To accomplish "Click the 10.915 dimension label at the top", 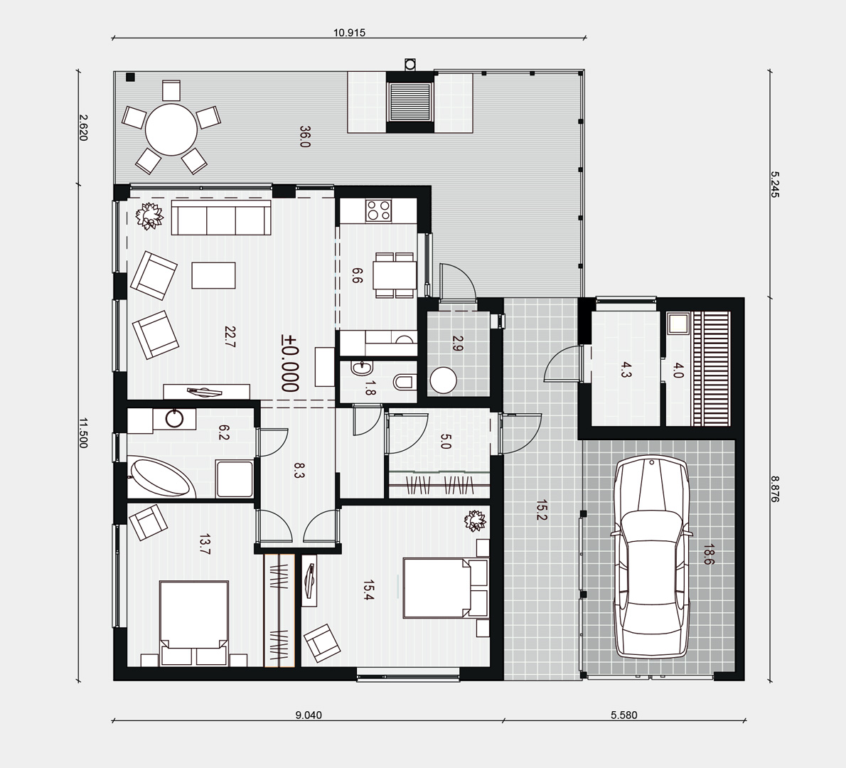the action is tap(349, 33).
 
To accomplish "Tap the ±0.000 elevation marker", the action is tap(290, 363).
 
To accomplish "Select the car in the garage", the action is tap(652, 556).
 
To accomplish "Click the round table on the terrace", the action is tap(171, 130).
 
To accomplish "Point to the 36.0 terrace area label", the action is tap(305, 137).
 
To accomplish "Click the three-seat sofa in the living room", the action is tap(220, 218).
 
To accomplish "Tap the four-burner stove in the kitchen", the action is tap(378, 210).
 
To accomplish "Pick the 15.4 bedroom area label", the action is tap(368, 590).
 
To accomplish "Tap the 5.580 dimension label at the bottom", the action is tap(623, 715).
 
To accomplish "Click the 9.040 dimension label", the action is tap(309, 715).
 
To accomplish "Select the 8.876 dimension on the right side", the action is tap(775, 489).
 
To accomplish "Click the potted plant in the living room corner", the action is tap(149, 216).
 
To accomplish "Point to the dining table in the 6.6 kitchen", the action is tap(395, 274).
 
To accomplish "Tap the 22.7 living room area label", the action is tap(230, 337).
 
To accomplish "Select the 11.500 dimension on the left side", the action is tap(82, 433).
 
